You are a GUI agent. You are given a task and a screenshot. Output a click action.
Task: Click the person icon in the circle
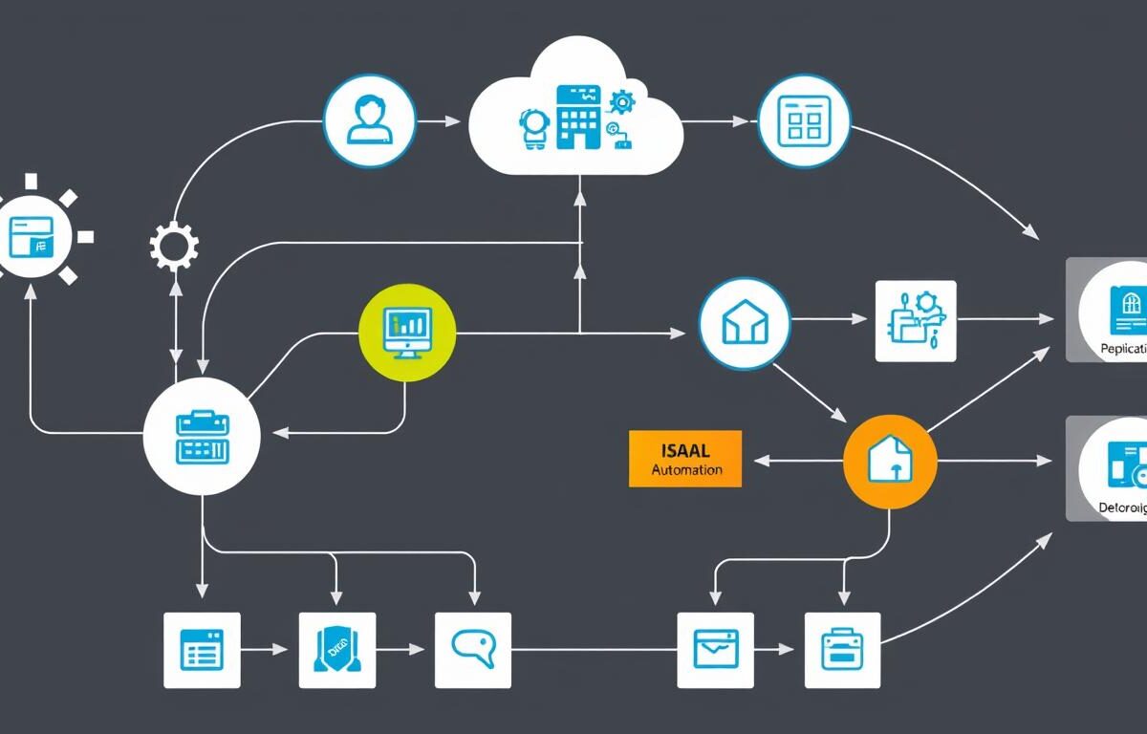point(370,120)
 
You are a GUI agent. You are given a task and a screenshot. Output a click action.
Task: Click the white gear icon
point(174,247)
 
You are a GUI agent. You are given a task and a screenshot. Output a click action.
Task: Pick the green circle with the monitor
point(407,331)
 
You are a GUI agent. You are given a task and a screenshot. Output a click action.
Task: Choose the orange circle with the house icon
point(889,461)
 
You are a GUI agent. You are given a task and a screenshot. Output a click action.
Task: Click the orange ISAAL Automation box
point(684,459)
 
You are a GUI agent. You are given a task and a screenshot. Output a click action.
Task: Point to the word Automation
point(686,470)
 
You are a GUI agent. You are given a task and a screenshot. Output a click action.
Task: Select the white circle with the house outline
point(744,325)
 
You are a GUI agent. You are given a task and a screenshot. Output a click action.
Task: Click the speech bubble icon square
point(472,650)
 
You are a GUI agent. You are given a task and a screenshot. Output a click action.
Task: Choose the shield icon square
point(336,650)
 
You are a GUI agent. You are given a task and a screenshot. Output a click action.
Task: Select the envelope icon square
point(715,650)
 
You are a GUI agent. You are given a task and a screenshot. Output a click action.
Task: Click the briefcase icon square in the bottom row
point(842,650)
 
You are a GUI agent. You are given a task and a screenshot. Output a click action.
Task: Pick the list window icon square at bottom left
point(202,650)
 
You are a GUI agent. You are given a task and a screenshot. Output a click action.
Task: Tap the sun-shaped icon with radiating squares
point(32,235)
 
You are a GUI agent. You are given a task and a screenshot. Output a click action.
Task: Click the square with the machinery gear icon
point(915,320)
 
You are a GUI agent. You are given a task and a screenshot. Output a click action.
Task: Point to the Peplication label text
point(1122,350)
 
